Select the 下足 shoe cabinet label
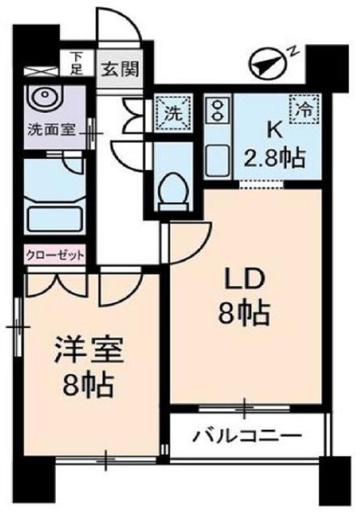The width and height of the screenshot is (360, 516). point(76,62)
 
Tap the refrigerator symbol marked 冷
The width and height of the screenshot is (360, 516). point(304,109)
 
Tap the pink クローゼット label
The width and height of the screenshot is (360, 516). point(55,254)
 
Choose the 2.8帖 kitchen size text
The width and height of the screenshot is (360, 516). point(274,159)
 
